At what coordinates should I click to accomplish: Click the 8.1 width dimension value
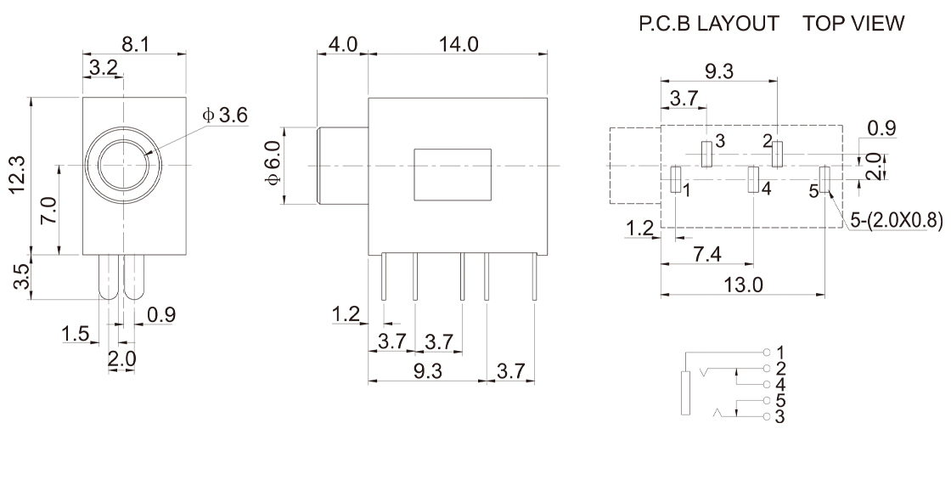click(135, 44)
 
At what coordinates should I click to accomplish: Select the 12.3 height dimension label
click(18, 175)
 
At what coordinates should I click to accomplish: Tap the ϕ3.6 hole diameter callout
click(225, 115)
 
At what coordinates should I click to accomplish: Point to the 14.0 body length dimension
click(459, 44)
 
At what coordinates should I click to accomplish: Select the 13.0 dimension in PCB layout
click(744, 284)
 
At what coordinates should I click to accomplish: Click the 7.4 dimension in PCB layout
click(707, 254)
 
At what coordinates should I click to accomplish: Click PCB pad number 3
click(706, 154)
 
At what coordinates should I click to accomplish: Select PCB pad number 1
click(676, 180)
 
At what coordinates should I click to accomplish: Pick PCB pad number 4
click(753, 179)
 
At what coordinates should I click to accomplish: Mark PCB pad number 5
click(824, 179)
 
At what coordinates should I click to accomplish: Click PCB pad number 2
click(778, 154)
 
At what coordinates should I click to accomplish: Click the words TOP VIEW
click(853, 24)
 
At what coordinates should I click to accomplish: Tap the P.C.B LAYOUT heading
click(709, 24)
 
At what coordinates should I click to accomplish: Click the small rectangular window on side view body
click(453, 174)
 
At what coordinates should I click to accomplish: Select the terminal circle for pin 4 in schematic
click(767, 385)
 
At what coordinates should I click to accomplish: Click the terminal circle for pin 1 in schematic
click(767, 352)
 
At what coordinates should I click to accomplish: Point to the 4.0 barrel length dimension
click(343, 44)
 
